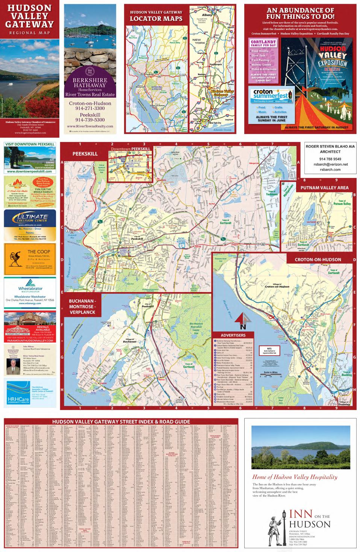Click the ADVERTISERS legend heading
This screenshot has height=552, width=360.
click(233, 335)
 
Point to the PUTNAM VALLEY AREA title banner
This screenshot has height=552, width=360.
click(324, 187)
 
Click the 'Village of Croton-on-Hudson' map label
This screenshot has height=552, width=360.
click(276, 285)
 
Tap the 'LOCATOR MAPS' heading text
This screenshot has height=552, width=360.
click(156, 19)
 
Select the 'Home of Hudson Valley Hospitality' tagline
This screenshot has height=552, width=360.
click(295, 477)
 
